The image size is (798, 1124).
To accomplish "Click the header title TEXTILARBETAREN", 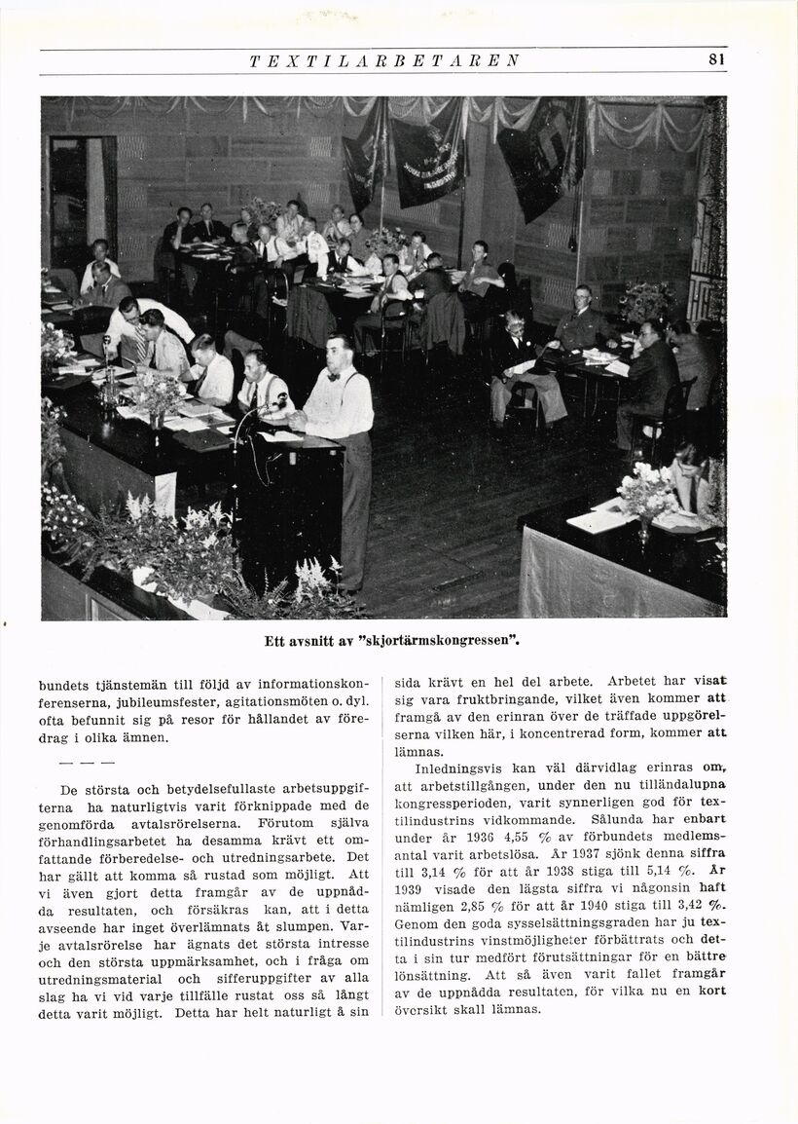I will point(384,60).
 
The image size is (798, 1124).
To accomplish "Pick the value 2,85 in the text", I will point(469,905).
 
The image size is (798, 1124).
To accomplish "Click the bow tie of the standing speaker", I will point(333,375).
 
